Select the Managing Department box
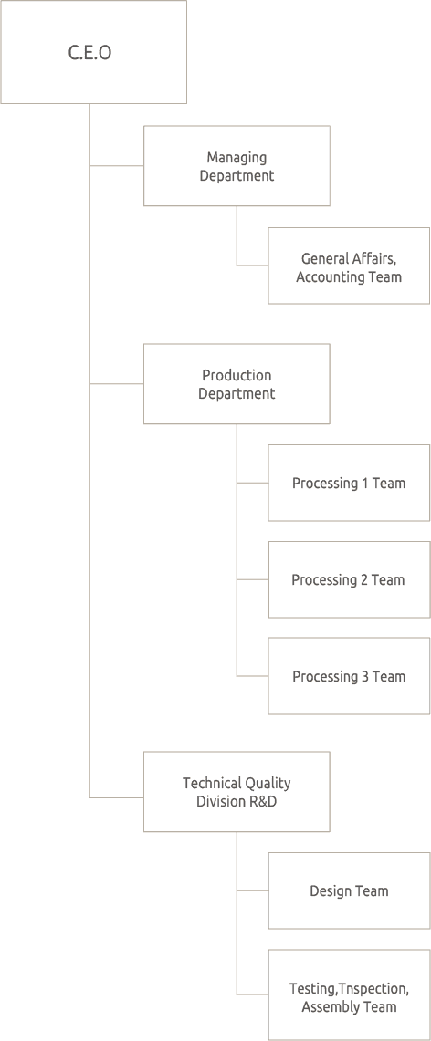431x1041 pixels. (x=237, y=166)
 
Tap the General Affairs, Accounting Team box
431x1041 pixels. (x=348, y=266)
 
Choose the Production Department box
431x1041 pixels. (x=237, y=384)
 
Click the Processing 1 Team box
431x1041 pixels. (x=348, y=483)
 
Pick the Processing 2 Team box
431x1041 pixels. (x=348, y=579)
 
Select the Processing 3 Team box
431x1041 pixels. (x=348, y=676)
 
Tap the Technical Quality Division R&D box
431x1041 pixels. (x=237, y=792)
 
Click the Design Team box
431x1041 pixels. (x=348, y=890)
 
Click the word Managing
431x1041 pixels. (x=237, y=158)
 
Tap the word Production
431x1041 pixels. (x=237, y=375)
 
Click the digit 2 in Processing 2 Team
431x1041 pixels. (x=365, y=579)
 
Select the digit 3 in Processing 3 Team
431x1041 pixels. (x=366, y=676)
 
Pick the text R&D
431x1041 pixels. (x=261, y=801)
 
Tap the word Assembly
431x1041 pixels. (x=332, y=1006)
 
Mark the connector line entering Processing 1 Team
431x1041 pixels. (x=252, y=483)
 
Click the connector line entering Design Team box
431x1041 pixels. (x=252, y=890)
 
